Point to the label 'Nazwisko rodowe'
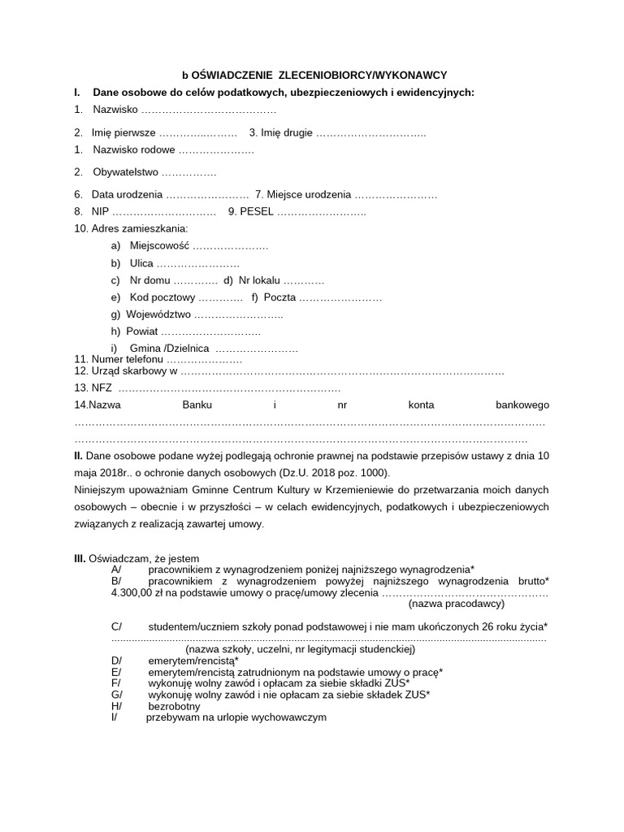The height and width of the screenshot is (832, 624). (134, 150)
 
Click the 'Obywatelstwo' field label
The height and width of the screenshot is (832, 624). (126, 172)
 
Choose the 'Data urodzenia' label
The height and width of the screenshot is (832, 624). (127, 195)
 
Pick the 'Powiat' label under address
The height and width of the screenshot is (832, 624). (142, 331)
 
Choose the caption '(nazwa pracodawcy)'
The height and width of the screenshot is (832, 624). (457, 604)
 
